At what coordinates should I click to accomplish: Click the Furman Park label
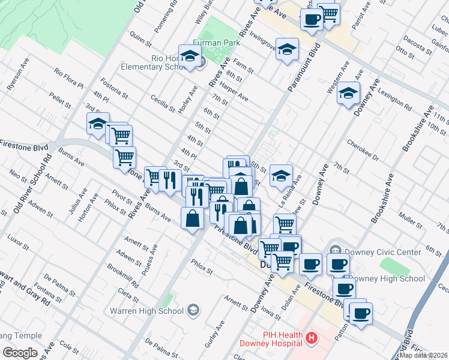point(217,43)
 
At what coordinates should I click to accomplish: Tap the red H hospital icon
point(311,338)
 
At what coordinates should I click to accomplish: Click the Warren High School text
point(146,311)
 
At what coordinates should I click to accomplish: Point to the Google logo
point(20,352)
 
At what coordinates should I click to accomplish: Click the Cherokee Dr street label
point(363,151)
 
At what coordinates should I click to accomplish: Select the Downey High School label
point(387,278)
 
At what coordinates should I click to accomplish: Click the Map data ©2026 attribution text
point(424,355)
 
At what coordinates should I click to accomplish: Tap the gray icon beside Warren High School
point(193,310)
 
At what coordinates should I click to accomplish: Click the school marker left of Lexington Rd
point(348,93)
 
